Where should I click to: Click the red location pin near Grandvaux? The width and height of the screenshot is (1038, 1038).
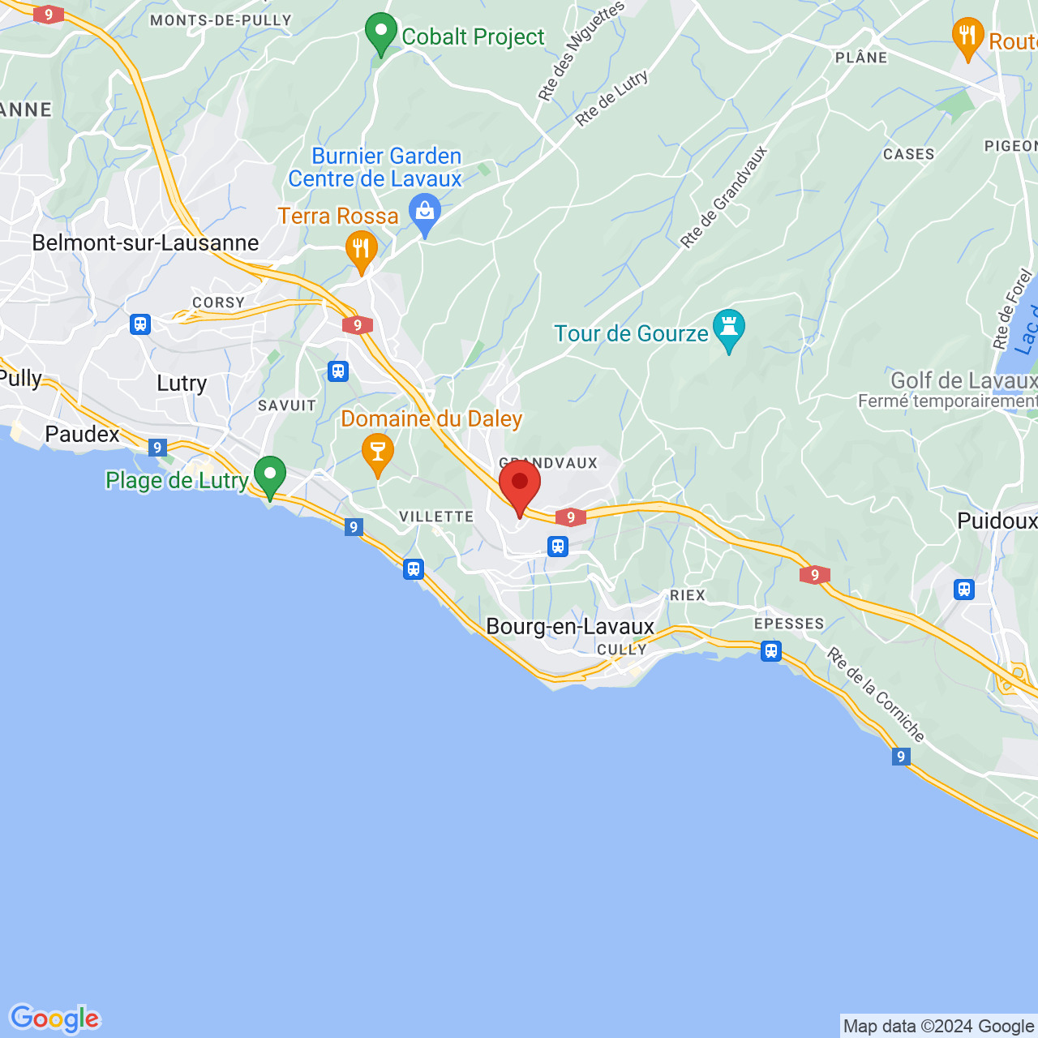[520, 484]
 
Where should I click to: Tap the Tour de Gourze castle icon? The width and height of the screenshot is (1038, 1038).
[728, 328]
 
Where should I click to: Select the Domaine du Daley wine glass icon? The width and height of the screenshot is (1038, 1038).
[377, 451]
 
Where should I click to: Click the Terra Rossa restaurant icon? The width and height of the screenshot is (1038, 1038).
[361, 249]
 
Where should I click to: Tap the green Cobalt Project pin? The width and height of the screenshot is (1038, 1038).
[380, 32]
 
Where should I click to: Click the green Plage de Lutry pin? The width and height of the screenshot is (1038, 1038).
[269, 474]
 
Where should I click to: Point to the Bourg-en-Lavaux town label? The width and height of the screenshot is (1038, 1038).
[570, 626]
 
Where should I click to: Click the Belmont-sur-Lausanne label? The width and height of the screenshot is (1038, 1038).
[145, 242]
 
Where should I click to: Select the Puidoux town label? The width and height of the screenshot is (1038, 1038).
[997, 521]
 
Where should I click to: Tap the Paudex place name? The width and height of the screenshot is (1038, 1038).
[82, 434]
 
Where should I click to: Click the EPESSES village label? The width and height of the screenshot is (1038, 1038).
[789, 624]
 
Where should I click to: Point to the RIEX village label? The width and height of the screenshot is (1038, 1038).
[688, 595]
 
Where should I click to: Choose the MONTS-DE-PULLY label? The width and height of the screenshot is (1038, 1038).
[221, 20]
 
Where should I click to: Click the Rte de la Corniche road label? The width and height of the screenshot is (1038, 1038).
[876, 694]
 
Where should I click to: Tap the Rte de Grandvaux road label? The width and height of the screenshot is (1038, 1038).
[723, 197]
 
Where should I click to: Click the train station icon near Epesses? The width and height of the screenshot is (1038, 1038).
[771, 650]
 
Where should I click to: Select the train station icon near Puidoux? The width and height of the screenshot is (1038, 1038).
[963, 590]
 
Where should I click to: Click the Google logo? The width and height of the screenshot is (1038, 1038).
[54, 1019]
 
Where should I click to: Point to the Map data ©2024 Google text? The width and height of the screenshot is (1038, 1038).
[938, 1027]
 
